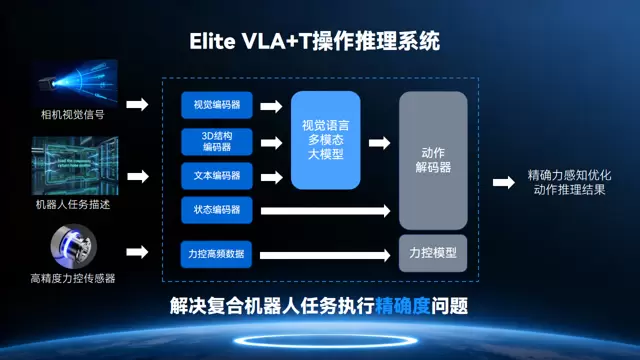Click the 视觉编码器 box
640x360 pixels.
(x=217, y=105)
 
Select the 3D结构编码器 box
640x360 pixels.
(x=217, y=140)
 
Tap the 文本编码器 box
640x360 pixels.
(x=217, y=176)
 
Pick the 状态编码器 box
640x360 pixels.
(x=217, y=210)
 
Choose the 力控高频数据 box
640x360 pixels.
(x=217, y=253)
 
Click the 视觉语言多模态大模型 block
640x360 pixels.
(x=325, y=139)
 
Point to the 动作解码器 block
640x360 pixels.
(x=433, y=160)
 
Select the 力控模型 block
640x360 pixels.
(x=433, y=254)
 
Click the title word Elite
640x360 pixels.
(x=213, y=43)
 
